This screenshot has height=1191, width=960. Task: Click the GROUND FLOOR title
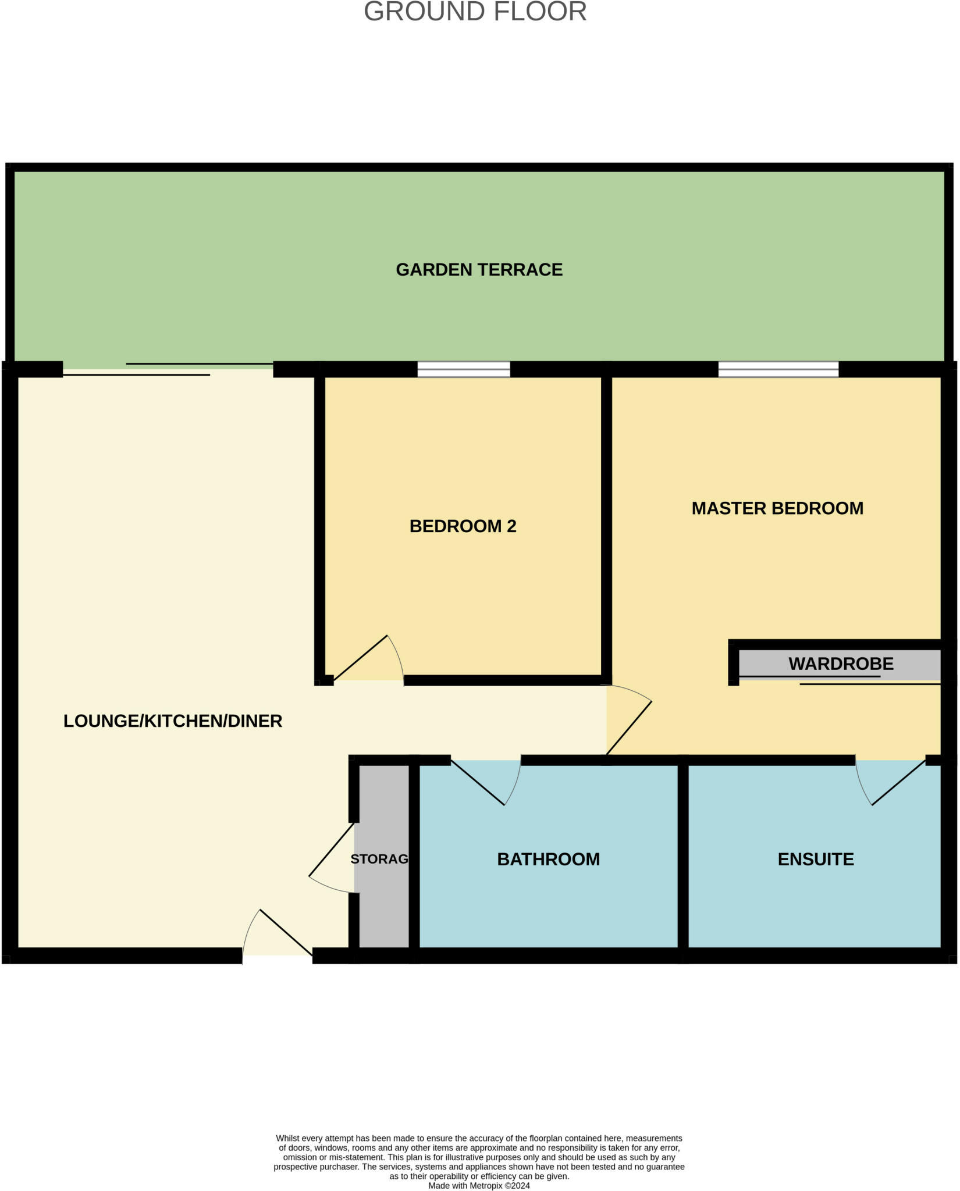pyautogui.click(x=475, y=12)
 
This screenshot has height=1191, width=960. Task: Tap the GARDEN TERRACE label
pyautogui.click(x=479, y=270)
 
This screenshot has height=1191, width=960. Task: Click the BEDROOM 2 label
pyautogui.click(x=463, y=526)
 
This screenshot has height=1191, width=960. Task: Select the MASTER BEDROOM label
pyautogui.click(x=777, y=508)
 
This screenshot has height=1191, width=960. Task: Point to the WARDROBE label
pyautogui.click(x=840, y=664)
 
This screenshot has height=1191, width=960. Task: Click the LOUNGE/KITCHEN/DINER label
pyautogui.click(x=172, y=721)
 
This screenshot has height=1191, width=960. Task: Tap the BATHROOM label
pyautogui.click(x=548, y=860)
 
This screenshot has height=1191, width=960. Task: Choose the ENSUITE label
pyautogui.click(x=815, y=860)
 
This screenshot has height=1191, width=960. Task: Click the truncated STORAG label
pyautogui.click(x=379, y=859)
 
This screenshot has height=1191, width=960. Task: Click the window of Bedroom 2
pyautogui.click(x=464, y=369)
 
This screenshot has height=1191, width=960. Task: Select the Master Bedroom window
pyautogui.click(x=778, y=369)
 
